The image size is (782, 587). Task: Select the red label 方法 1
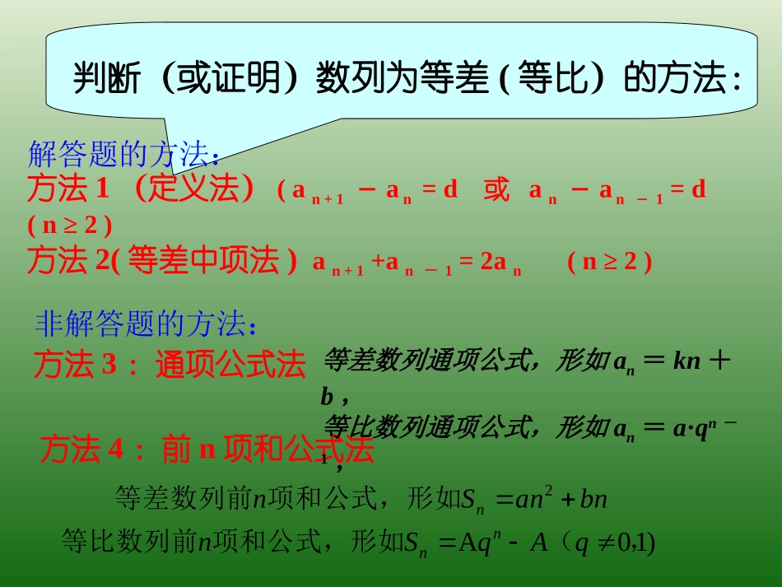67,189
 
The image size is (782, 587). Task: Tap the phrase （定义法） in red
196,189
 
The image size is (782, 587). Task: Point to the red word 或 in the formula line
496,190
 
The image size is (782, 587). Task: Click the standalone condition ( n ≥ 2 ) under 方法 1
69,225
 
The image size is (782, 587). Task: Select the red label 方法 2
68,261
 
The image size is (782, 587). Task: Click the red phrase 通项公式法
230,365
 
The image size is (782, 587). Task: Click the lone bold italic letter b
327,398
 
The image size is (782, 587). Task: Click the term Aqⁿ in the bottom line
481,543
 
